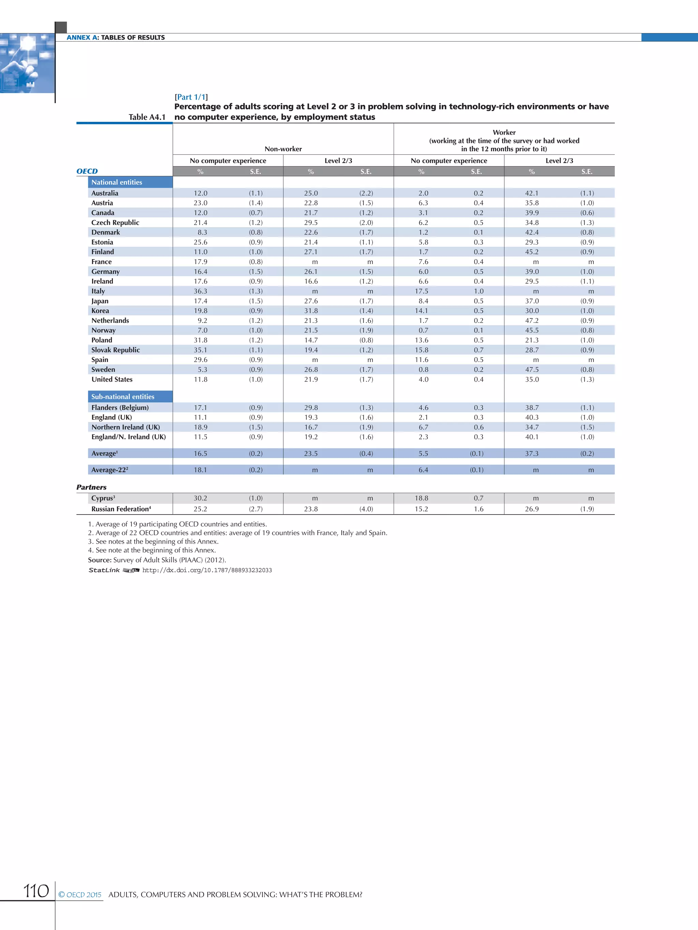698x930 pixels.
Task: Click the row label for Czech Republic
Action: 115,222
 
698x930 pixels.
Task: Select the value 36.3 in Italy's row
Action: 200,291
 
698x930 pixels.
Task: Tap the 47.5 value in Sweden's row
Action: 532,369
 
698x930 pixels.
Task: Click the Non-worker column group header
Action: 283,149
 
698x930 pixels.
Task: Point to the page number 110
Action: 36,891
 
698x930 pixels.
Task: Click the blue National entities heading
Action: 117,182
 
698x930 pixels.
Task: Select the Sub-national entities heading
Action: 122,396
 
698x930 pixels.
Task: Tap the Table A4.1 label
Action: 147,117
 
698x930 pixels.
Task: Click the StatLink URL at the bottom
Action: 207,570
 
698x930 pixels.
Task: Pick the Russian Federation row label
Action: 121,509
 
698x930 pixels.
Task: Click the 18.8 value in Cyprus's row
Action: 421,498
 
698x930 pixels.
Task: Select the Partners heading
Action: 91,487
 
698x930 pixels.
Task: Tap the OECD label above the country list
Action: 87,171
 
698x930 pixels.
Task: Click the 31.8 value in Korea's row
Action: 311,311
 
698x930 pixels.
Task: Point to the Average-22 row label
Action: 109,470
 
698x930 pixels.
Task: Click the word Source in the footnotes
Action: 99,560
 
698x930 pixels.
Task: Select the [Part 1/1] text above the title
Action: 191,97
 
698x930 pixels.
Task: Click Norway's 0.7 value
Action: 423,330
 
